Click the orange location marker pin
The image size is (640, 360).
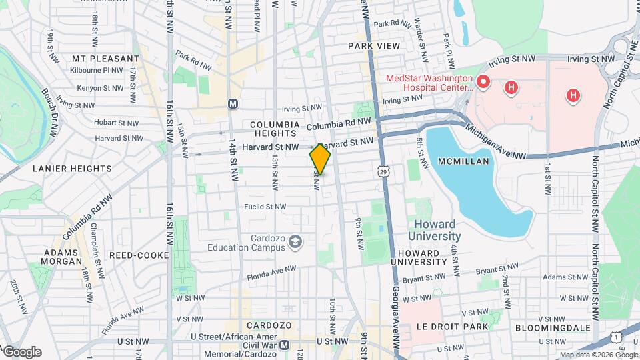click(320, 160)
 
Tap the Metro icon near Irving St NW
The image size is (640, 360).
click(233, 104)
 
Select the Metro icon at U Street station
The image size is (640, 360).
click(285, 345)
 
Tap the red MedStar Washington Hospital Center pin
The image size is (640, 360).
click(483, 83)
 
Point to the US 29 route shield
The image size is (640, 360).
click(383, 172)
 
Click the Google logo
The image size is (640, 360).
click(22, 351)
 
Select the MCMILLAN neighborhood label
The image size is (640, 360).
click(464, 161)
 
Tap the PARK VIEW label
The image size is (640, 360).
click(374, 46)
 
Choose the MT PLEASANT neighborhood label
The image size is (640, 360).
click(99, 59)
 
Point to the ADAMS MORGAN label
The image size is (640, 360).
click(63, 257)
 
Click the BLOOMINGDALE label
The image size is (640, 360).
click(552, 327)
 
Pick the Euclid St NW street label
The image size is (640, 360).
click(265, 207)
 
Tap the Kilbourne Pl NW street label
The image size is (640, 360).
click(98, 69)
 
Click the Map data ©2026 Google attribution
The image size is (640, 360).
click(598, 355)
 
